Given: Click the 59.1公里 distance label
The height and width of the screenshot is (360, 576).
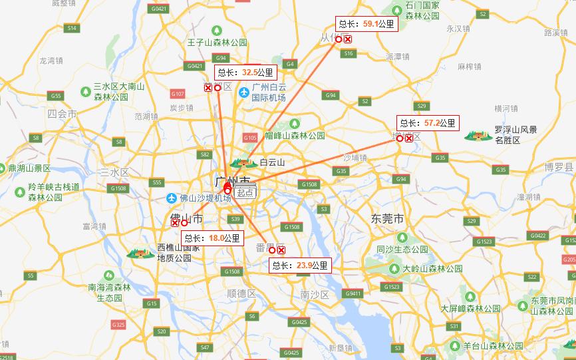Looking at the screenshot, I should coord(366,24).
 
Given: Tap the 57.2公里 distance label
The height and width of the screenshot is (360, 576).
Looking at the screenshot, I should coord(428,123).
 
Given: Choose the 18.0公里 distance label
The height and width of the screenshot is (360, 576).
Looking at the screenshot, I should coord(212,238).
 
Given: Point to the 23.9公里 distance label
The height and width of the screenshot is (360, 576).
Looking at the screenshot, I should coord(299,266).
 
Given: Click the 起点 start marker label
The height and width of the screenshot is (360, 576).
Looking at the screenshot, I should coord(245,192).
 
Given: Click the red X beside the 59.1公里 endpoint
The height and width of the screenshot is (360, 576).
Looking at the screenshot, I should coord(348,39).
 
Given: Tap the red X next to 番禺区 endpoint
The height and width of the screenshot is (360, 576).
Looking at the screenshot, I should coord(281,250).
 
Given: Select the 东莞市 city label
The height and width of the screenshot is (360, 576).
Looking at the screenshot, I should coord(388,218).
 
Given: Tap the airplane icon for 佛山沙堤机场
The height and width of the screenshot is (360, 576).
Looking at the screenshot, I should coord(172,198).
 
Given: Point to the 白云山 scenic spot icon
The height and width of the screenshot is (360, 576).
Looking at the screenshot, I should coord(243,162).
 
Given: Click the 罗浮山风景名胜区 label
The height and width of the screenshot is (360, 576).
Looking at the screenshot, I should coord(515,135).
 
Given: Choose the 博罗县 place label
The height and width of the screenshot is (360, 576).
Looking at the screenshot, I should coord(559,166).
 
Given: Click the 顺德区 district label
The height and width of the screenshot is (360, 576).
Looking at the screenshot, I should coord(241,293).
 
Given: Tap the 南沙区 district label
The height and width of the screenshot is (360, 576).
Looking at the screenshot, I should coord(315,294).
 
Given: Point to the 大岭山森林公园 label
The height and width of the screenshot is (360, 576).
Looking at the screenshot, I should coord(432,269).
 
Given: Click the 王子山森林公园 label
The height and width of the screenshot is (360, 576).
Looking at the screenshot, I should coord(217,42).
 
